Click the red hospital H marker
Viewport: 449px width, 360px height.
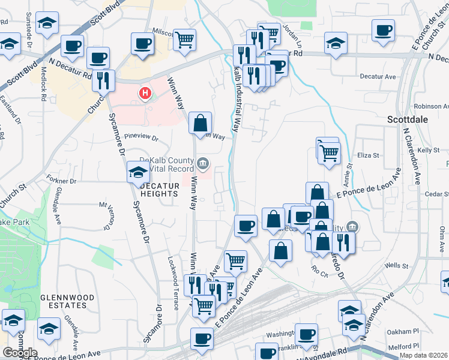point(145,94)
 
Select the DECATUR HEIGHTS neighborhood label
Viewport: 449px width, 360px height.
point(160,190)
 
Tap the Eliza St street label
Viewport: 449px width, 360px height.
point(369,155)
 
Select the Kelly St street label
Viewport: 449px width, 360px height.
point(429,150)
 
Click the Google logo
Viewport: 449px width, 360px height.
point(20,353)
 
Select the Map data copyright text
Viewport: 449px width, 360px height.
point(423,355)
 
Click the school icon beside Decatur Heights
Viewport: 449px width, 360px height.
point(138,173)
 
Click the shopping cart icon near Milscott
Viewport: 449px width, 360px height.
point(185,40)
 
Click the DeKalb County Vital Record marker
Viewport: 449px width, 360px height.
point(203,163)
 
